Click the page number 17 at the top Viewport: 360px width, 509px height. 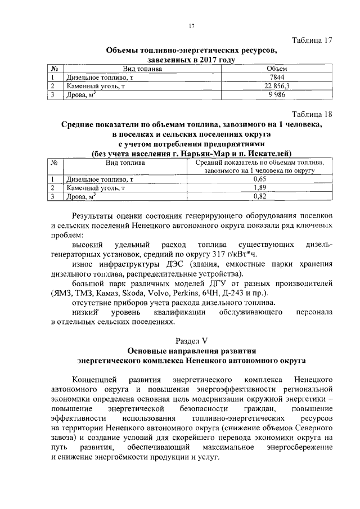191,26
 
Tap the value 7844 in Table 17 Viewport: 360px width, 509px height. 260,78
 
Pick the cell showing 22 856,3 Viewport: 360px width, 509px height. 260,86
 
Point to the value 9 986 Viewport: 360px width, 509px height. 260,94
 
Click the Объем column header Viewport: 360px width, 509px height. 260,69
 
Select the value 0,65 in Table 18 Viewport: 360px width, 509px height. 259,179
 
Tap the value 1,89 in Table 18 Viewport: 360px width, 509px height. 259,187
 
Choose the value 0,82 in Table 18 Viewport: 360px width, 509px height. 259,196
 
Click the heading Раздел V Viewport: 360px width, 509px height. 191,340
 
